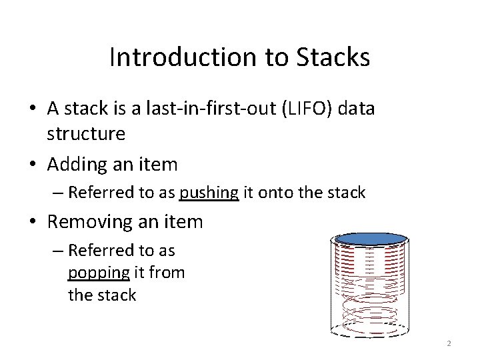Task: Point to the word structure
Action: click(x=86, y=133)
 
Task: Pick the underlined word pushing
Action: click(x=209, y=193)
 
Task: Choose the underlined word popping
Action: click(x=99, y=273)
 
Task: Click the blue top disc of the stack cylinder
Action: click(x=371, y=239)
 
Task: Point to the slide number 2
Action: click(x=449, y=344)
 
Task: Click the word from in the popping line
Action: click(x=168, y=273)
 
